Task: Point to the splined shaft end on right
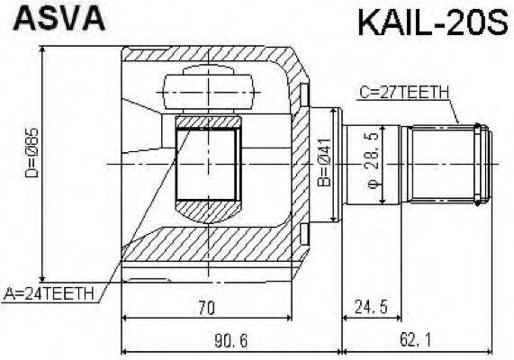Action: click(450, 163)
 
